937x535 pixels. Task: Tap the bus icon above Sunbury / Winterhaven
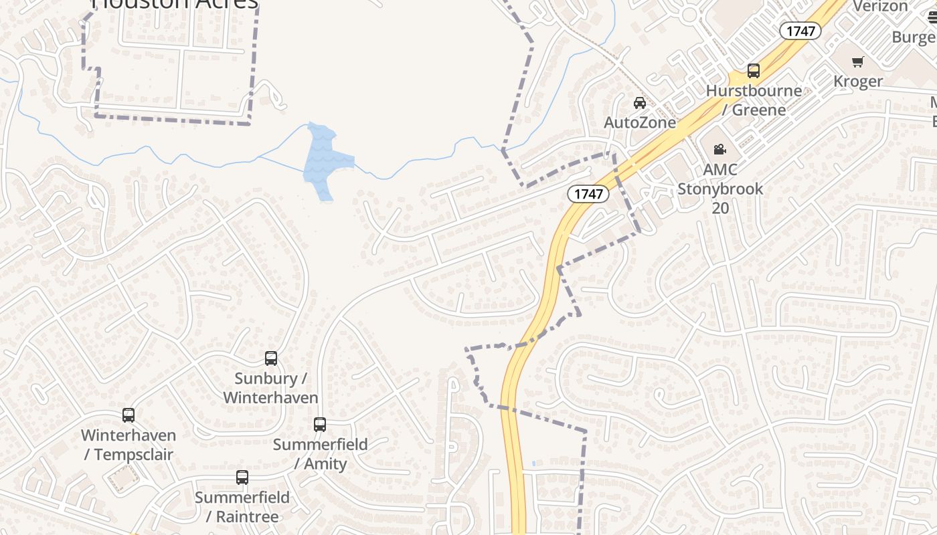click(271, 358)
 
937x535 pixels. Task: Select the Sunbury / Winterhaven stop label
click(270, 388)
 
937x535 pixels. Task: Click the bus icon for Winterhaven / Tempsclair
click(129, 415)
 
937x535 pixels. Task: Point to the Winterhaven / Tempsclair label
click(129, 445)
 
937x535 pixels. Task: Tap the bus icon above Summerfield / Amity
click(320, 425)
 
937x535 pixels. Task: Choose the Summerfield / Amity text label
click(321, 454)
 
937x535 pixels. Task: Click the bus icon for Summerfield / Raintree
click(242, 477)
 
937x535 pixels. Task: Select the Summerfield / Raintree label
click(242, 507)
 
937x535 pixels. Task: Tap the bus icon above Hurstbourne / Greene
click(754, 71)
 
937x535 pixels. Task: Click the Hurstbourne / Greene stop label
click(754, 100)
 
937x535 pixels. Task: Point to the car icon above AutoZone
click(640, 103)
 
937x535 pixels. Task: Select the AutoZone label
click(640, 122)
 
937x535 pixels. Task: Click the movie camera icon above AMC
click(720, 149)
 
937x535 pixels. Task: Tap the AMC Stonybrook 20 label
click(720, 189)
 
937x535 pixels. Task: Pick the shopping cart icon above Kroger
click(858, 62)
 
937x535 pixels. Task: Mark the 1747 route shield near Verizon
click(800, 31)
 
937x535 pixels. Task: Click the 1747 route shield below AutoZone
click(588, 194)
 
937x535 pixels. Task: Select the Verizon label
click(880, 6)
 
